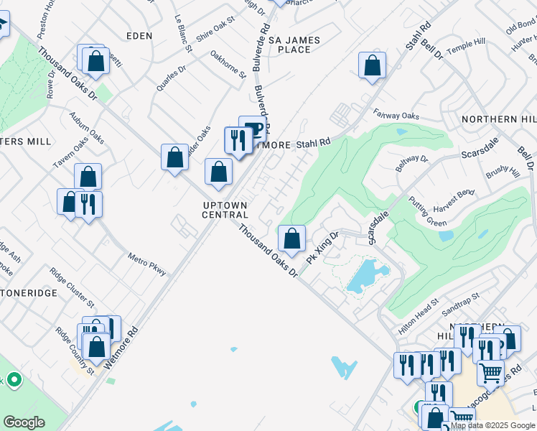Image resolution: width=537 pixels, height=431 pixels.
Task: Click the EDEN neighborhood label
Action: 139,35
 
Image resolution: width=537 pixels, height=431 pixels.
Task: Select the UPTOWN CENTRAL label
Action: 225,210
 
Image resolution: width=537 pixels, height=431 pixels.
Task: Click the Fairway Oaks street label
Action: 396,115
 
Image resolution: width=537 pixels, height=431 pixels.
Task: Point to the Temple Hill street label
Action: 466,47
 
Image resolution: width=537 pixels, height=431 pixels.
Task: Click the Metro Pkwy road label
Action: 147,264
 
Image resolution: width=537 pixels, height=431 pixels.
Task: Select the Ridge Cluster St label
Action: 71,285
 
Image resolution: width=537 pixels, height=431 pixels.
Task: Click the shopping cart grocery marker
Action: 491,372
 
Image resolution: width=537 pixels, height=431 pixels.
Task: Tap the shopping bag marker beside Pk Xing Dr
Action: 291,238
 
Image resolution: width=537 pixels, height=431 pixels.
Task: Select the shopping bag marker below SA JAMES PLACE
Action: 372,65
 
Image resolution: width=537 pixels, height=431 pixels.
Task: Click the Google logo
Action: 24,423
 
